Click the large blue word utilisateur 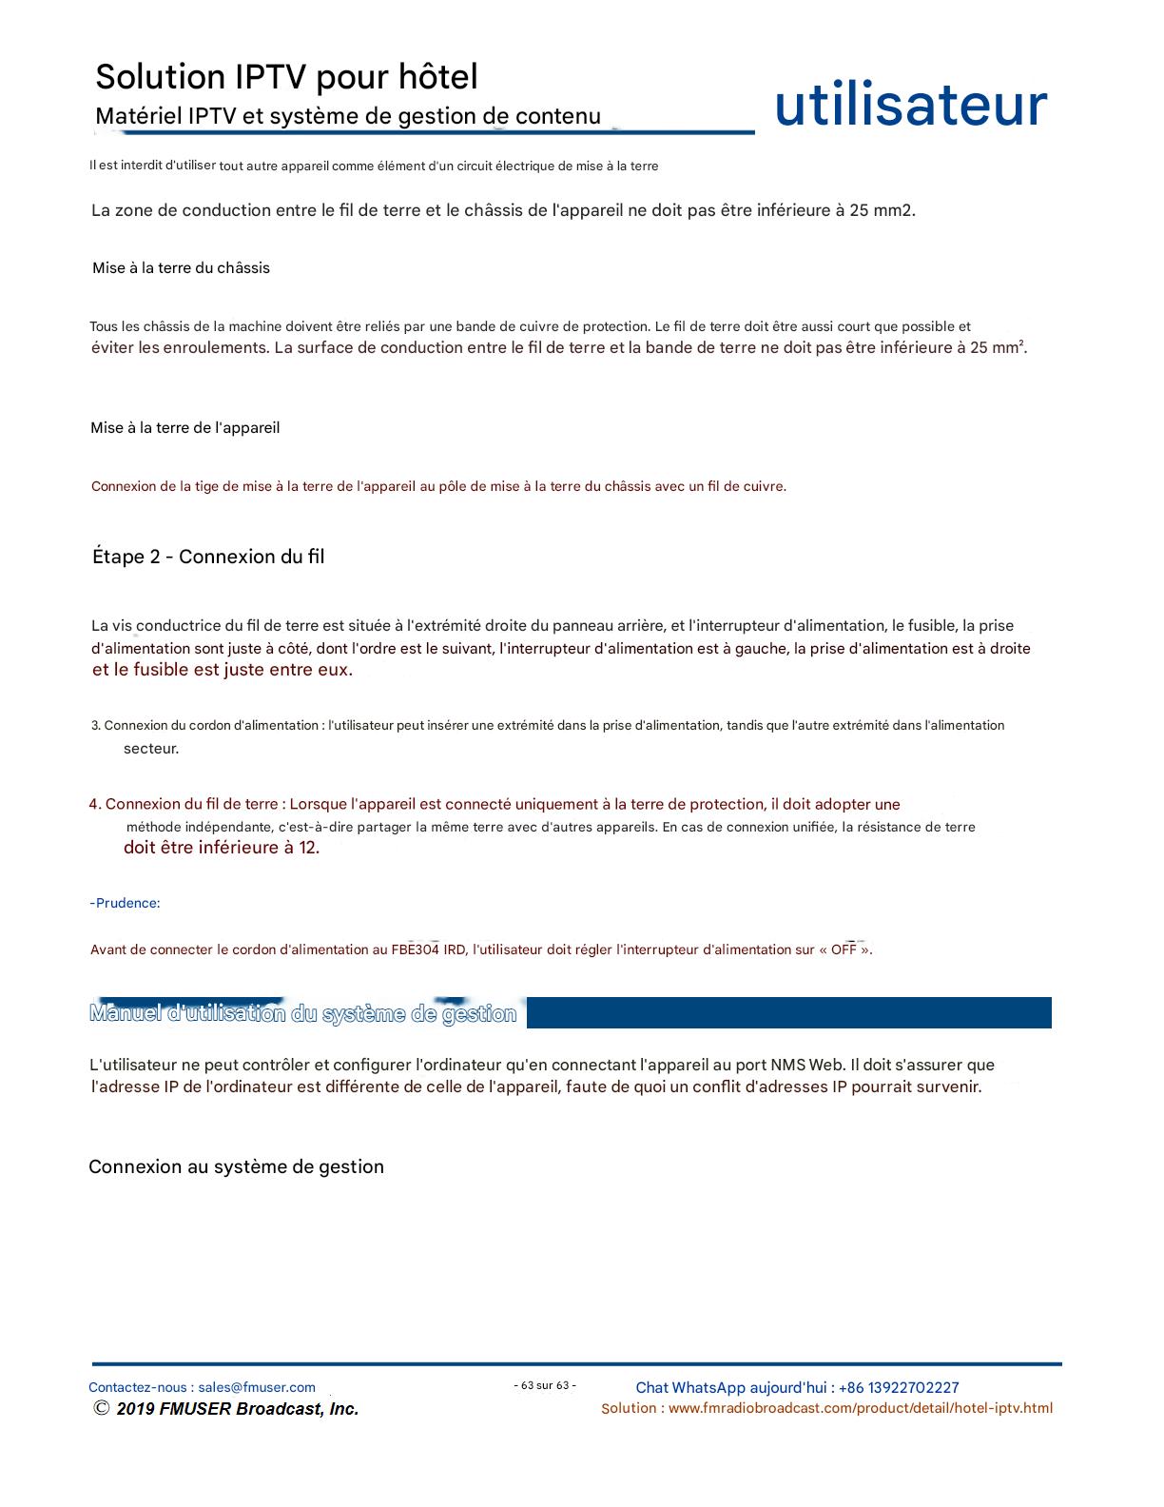click(910, 106)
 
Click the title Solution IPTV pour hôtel click(286, 76)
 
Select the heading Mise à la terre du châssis click(181, 268)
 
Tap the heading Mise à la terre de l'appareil click(184, 428)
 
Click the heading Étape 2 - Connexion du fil click(208, 557)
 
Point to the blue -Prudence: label click(125, 903)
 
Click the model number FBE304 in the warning click(416, 949)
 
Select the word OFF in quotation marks click(844, 949)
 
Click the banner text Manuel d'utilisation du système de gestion click(302, 1013)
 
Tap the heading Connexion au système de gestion click(236, 1167)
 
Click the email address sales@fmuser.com click(257, 1387)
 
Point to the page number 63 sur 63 click(545, 1385)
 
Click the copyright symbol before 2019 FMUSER click(101, 1409)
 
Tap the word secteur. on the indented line click(151, 749)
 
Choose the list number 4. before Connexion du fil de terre click(95, 804)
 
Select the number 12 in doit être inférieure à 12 click(308, 848)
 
